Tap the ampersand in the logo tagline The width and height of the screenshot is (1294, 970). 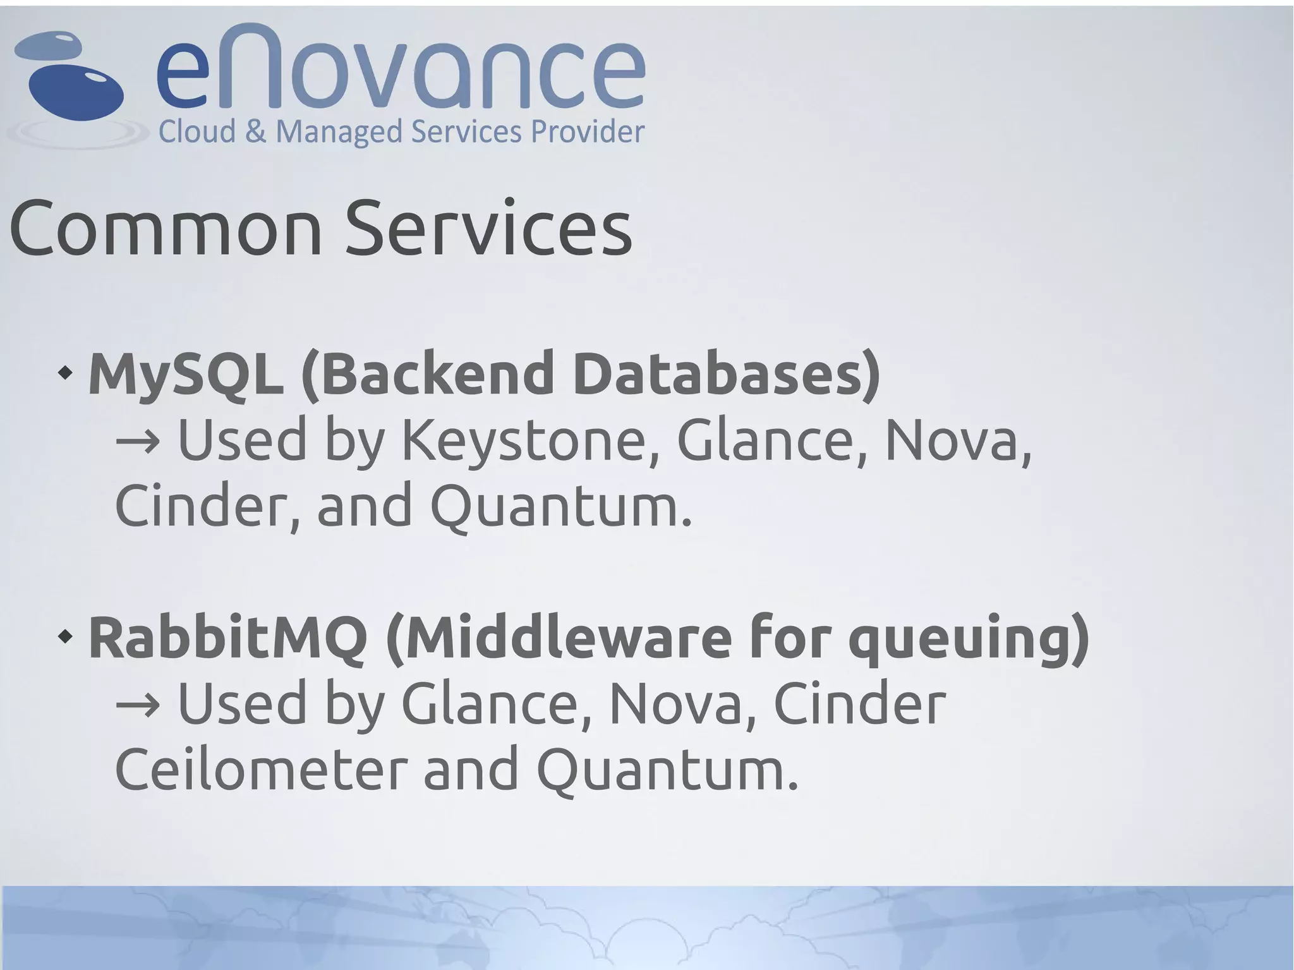pyautogui.click(x=255, y=132)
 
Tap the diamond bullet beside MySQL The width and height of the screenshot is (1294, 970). pyautogui.click(x=64, y=373)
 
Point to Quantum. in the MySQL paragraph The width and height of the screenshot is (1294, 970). pyautogui.click(x=561, y=506)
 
